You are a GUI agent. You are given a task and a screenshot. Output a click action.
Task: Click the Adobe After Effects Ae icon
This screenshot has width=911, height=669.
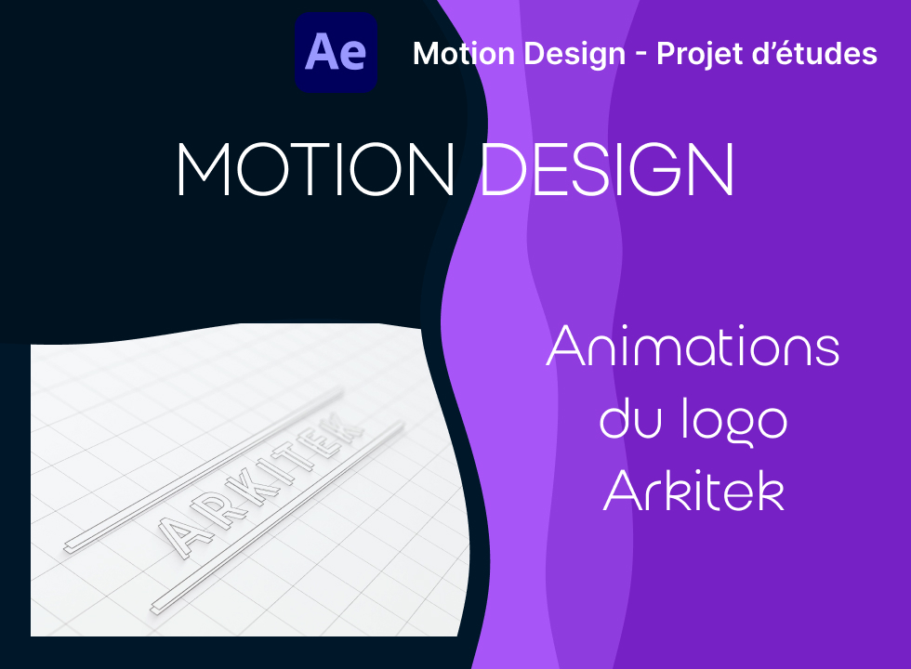tap(336, 52)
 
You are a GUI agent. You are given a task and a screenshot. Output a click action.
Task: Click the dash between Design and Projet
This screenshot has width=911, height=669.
tap(640, 55)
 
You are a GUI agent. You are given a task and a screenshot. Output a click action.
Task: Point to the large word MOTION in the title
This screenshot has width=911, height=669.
tap(316, 169)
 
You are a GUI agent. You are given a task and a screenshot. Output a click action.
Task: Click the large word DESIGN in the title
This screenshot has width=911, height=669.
tap(608, 169)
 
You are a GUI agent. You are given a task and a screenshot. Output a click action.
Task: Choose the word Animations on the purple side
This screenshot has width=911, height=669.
tap(693, 347)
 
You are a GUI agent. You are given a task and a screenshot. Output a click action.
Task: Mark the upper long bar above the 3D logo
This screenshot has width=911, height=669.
tap(203, 470)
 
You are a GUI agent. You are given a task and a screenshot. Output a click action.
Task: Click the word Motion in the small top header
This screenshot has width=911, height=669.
tap(464, 54)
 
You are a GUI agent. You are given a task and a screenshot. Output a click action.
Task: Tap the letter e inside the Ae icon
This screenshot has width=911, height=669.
tap(352, 55)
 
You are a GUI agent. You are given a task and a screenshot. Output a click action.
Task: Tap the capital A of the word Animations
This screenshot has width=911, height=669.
tap(565, 346)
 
